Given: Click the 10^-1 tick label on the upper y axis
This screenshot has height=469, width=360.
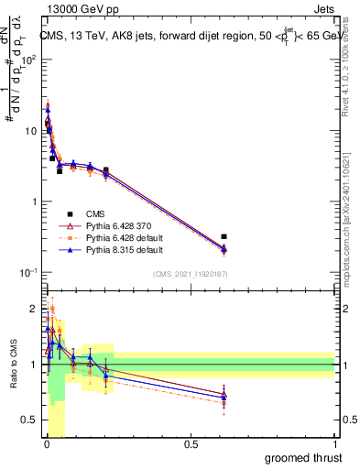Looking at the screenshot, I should point(27,272).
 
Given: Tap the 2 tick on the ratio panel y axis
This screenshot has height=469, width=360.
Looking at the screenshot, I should point(34,308).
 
